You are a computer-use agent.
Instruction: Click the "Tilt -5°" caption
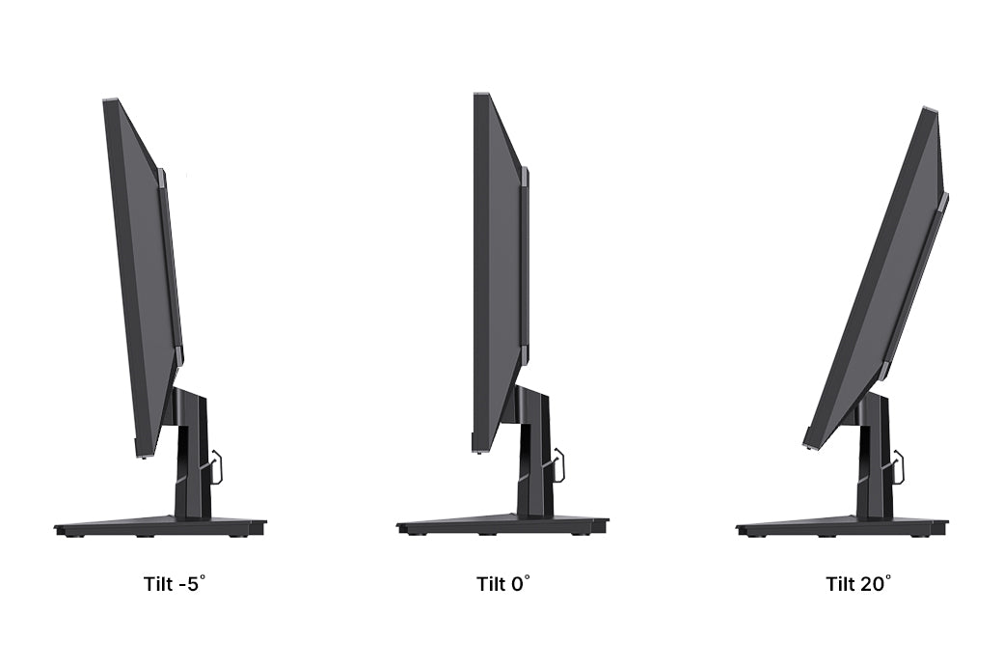click(x=175, y=584)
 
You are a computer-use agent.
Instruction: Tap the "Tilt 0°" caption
click(x=502, y=584)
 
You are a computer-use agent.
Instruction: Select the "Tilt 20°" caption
click(x=857, y=584)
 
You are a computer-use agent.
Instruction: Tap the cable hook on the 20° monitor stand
click(x=900, y=466)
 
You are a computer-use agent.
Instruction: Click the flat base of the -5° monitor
click(x=160, y=527)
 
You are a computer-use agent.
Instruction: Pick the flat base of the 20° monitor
click(x=842, y=527)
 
